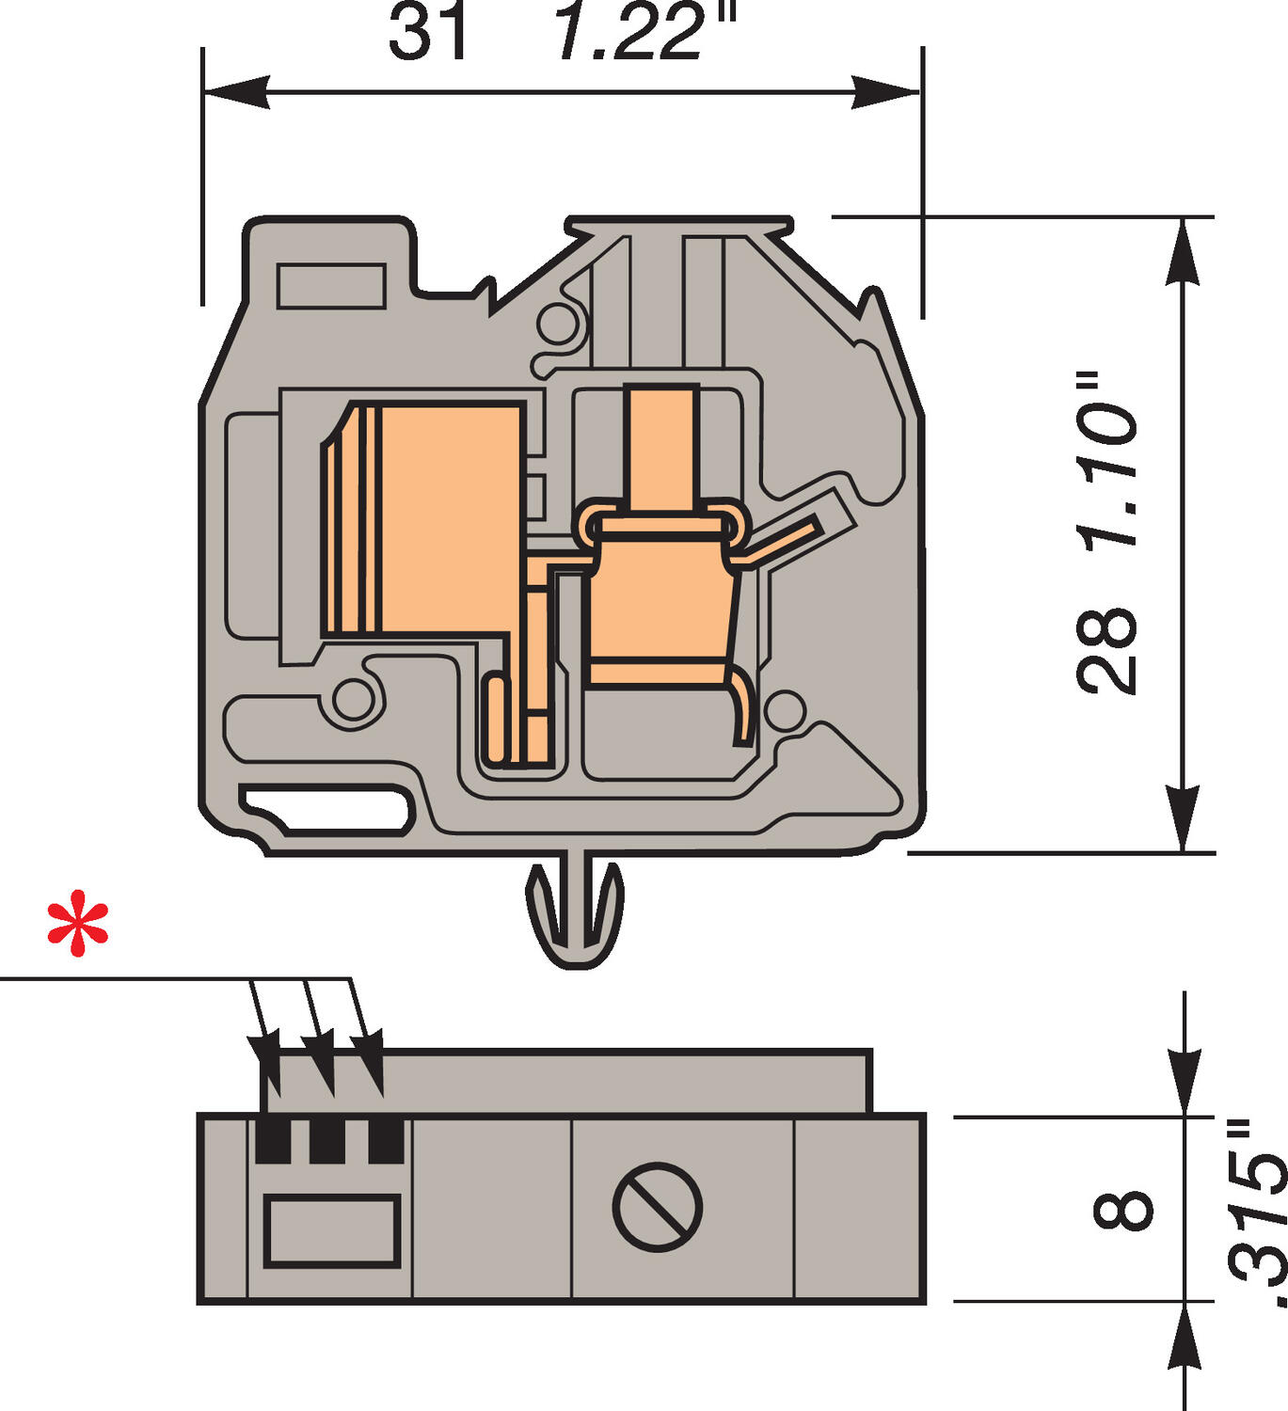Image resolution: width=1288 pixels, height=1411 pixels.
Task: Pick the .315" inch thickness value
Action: click(1256, 1213)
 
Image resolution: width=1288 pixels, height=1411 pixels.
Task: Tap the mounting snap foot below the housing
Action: click(575, 912)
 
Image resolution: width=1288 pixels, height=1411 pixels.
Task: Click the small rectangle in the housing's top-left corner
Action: click(331, 286)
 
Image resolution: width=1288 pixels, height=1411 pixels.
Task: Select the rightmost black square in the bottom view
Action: click(386, 1140)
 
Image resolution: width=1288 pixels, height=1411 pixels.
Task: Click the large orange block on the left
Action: click(433, 517)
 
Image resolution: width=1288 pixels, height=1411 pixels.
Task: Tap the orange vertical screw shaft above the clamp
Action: click(662, 447)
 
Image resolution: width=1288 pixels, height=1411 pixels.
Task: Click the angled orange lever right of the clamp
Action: click(786, 540)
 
